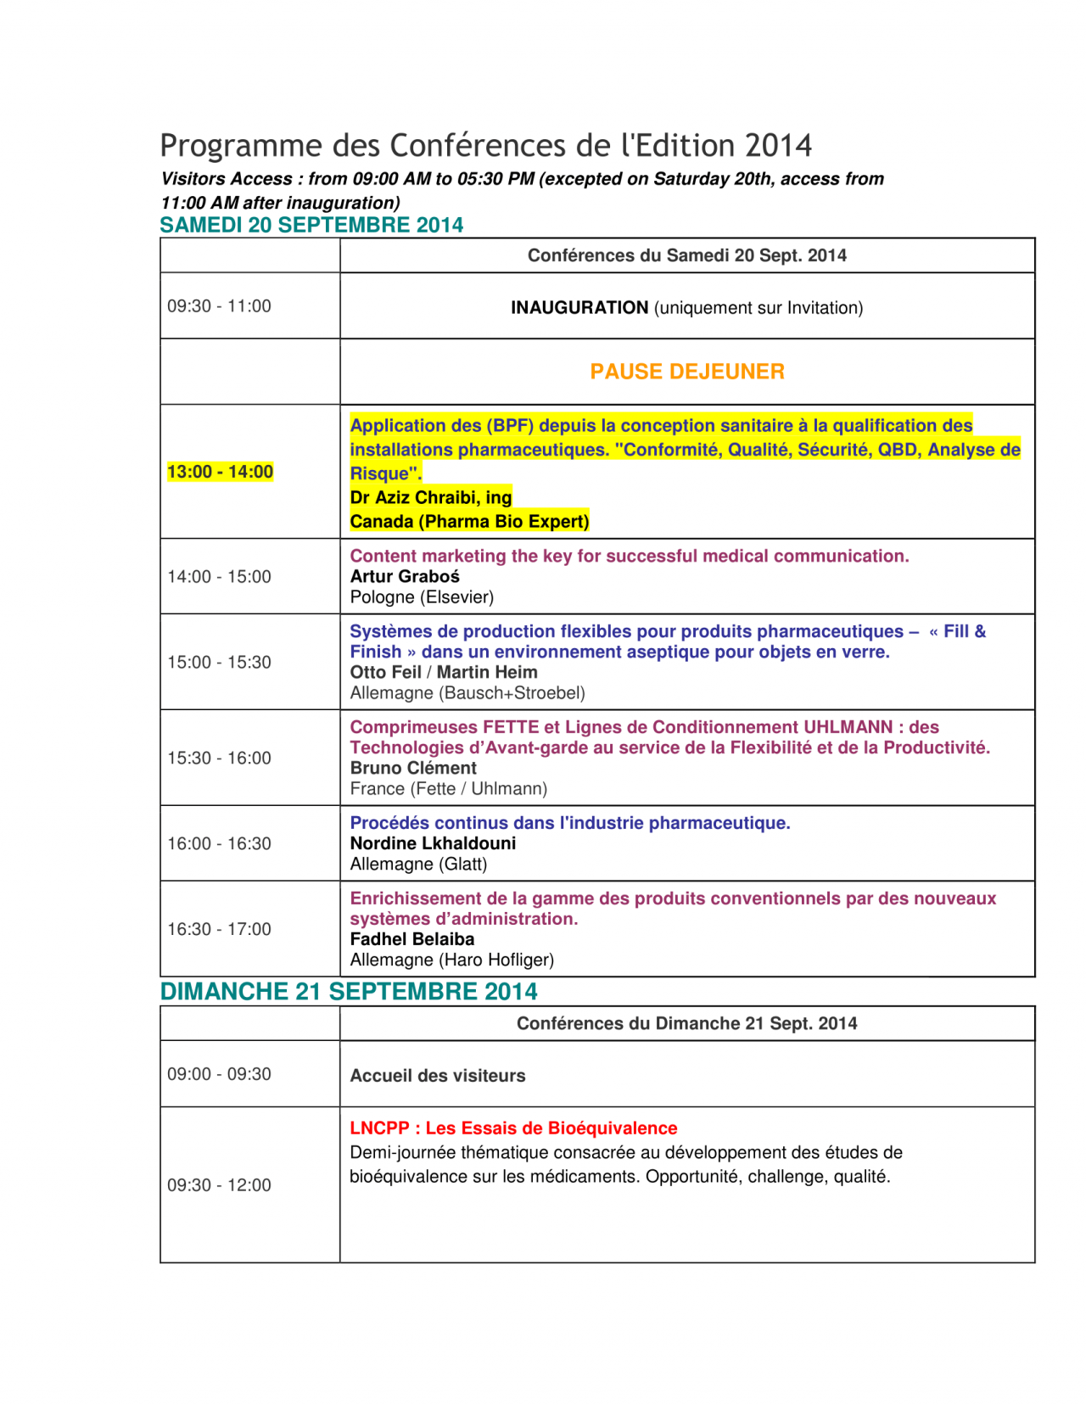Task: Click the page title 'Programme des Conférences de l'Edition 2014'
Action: (485, 146)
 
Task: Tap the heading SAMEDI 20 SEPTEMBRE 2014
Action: (311, 225)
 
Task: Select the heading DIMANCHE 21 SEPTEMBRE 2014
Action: (349, 991)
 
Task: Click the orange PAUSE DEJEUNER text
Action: (687, 372)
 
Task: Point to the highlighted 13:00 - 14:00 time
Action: (220, 472)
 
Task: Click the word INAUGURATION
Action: (579, 308)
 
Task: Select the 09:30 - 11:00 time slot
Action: (219, 306)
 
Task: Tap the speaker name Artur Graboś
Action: (405, 577)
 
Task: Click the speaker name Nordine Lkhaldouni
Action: (433, 843)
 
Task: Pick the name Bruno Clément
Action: (413, 768)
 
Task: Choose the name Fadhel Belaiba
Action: (412, 939)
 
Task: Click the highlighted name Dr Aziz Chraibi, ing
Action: (431, 497)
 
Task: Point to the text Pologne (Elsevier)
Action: (422, 597)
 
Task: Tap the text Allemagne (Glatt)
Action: (418, 865)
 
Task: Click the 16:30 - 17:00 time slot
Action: (219, 929)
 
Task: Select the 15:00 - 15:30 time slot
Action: (219, 662)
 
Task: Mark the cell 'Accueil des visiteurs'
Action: (438, 1076)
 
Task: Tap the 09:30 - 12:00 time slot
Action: (219, 1185)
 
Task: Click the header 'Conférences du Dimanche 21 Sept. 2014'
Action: (687, 1023)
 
